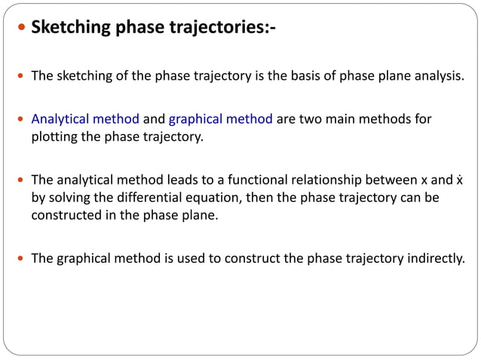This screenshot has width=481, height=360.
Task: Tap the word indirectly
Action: [437, 258]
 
